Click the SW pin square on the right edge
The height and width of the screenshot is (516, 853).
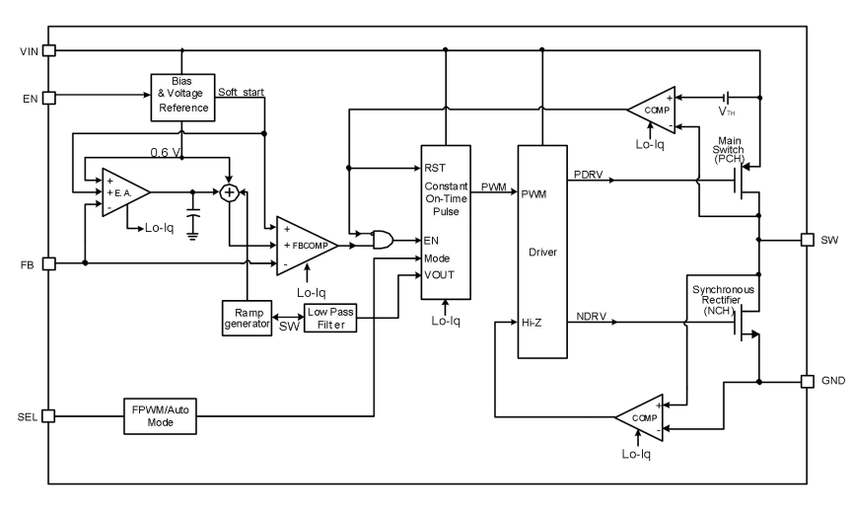(807, 240)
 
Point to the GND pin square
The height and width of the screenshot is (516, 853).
(807, 381)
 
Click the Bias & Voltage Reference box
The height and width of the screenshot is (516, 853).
(180, 97)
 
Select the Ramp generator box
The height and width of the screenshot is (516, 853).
(246, 319)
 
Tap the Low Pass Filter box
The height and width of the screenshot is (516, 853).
(329, 319)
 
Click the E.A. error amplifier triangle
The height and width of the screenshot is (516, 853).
(123, 190)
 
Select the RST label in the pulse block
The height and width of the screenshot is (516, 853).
(434, 168)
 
